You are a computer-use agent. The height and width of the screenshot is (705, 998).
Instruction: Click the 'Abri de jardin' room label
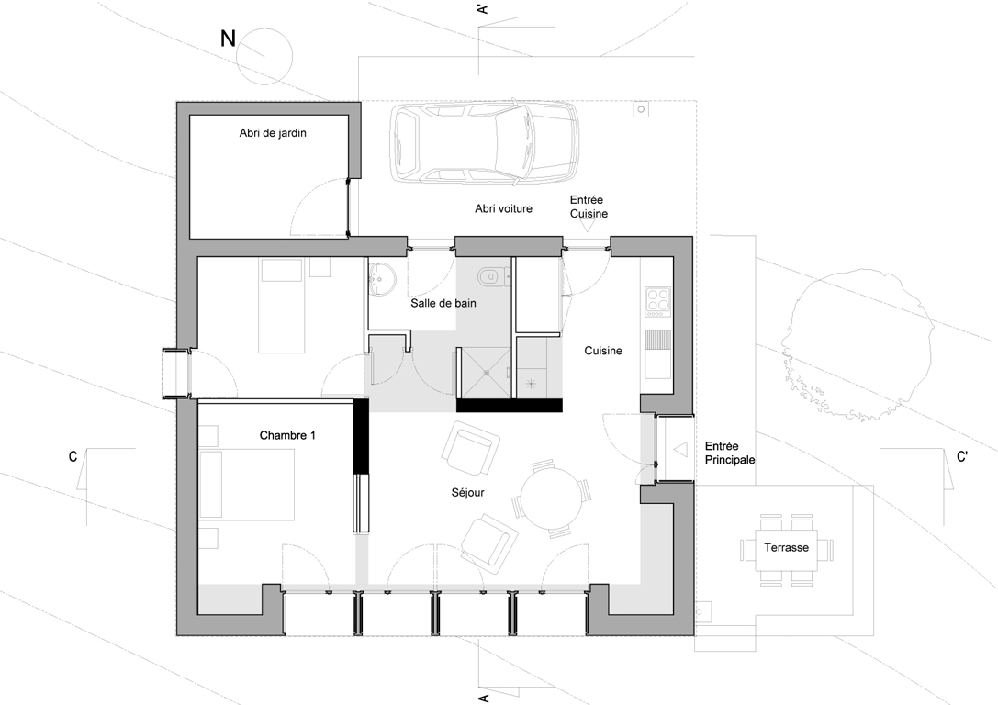(x=273, y=133)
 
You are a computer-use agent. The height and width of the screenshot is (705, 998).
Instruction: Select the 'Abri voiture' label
(x=503, y=208)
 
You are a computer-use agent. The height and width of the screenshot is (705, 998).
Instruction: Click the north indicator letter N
(x=228, y=39)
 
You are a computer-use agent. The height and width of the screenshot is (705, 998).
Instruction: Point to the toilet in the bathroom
(x=493, y=275)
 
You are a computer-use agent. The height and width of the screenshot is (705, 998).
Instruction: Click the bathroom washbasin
(x=383, y=277)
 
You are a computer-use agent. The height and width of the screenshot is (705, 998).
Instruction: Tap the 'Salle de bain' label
(x=443, y=304)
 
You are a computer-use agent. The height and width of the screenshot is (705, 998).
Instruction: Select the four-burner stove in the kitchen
(x=658, y=302)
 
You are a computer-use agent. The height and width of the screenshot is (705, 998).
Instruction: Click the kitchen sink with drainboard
(x=658, y=354)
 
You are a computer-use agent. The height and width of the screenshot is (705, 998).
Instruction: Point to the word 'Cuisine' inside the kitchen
(x=602, y=351)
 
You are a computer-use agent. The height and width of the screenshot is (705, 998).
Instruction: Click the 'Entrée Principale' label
(x=729, y=453)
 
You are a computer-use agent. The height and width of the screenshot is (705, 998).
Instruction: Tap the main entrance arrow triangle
(x=681, y=449)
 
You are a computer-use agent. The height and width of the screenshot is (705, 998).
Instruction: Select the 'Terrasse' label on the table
(x=786, y=547)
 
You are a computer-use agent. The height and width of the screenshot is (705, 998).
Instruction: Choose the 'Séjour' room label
(x=468, y=492)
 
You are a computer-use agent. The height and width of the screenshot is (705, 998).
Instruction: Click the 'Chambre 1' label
(x=287, y=436)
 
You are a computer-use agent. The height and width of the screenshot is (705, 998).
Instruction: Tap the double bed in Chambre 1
(x=247, y=485)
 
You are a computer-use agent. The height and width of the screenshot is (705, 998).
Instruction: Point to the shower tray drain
(x=487, y=373)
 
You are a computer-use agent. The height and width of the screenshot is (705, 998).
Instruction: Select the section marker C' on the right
(x=961, y=457)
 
